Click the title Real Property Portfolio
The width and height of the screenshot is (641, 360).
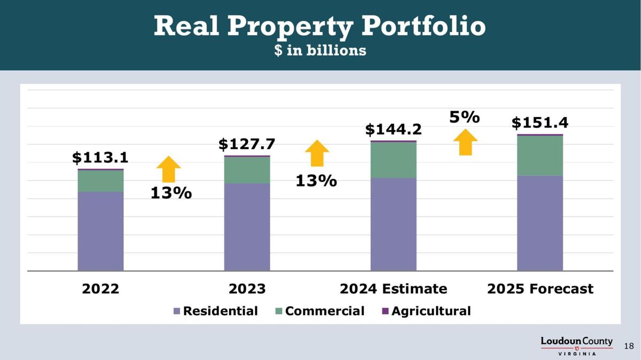pyautogui.click(x=319, y=26)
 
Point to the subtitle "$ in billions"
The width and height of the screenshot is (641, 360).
pyautogui.click(x=320, y=50)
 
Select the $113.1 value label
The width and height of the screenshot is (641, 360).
pyautogui.click(x=100, y=158)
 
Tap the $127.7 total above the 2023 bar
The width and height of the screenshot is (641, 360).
pyautogui.click(x=247, y=144)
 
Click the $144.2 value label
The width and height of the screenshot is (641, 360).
pyautogui.click(x=393, y=129)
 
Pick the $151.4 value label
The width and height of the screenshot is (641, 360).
pyautogui.click(x=540, y=123)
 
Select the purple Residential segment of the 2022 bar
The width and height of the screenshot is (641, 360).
pyautogui.click(x=100, y=231)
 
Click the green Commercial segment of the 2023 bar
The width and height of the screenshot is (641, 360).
pyautogui.click(x=247, y=170)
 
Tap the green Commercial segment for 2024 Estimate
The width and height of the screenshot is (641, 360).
pyautogui.click(x=393, y=160)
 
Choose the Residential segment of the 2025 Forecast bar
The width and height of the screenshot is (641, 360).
pyautogui.click(x=540, y=223)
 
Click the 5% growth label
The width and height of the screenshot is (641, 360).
pyautogui.click(x=464, y=117)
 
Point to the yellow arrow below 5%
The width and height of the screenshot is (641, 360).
pyautogui.click(x=466, y=143)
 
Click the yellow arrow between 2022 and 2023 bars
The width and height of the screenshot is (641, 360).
pyautogui.click(x=169, y=169)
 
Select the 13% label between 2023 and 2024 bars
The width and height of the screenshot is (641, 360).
pyautogui.click(x=316, y=181)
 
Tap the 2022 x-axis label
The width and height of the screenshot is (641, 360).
pyautogui.click(x=100, y=289)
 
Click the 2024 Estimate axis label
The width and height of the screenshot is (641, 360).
pyautogui.click(x=393, y=289)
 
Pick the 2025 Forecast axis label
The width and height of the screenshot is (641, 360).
pyautogui.click(x=540, y=289)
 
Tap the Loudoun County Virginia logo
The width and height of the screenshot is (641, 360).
pyautogui.click(x=576, y=346)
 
